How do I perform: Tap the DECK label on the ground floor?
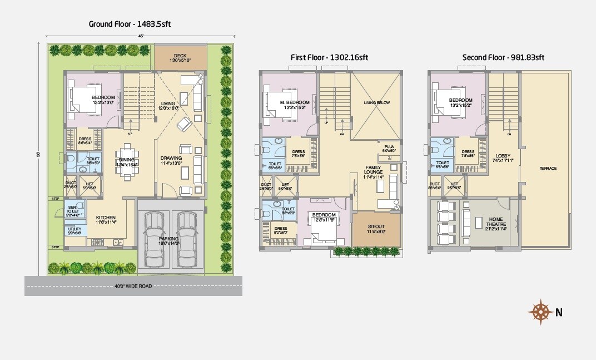point(180,56)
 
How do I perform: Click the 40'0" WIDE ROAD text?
point(133,286)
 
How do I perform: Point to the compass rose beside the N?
point(539,312)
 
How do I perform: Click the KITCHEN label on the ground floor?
point(106,218)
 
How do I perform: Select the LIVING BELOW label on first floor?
point(377,103)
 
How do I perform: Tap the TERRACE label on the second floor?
point(548,168)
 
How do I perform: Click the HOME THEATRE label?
point(495,221)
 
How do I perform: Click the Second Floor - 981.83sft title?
point(503,57)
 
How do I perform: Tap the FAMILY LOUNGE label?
point(373,170)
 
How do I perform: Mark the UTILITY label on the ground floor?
point(74,229)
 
